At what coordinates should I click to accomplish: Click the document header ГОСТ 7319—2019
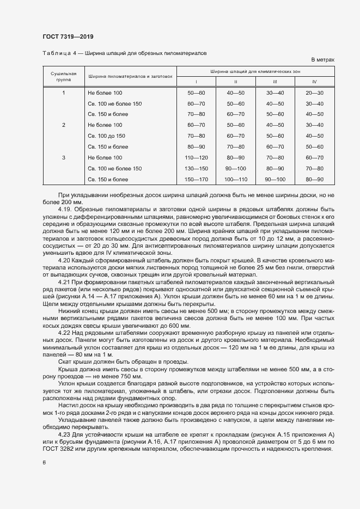tap(68, 36)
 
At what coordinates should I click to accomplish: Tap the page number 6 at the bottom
tap(44, 463)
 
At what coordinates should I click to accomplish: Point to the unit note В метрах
tap(322, 59)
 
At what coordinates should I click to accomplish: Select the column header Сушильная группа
tap(64, 76)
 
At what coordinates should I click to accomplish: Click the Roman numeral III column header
tap(275, 81)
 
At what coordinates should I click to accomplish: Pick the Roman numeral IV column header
tap(314, 81)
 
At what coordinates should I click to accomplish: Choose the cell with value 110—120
tap(196, 157)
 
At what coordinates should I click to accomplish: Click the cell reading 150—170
tap(196, 179)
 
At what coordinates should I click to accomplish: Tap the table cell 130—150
tap(196, 168)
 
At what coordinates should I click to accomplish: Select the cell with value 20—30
tap(314, 93)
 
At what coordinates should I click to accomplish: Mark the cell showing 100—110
tap(235, 179)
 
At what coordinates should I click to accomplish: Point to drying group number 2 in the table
tap(64, 125)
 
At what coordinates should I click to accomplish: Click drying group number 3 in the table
tap(64, 157)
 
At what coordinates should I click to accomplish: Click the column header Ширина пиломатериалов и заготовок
tap(130, 76)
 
